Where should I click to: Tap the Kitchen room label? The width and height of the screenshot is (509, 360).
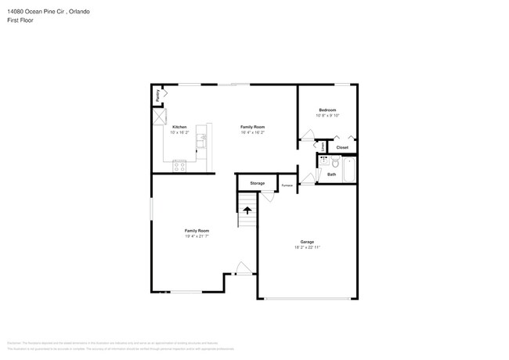179,127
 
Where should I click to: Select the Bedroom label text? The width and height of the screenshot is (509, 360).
327,110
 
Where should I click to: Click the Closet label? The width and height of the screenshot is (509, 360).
342,147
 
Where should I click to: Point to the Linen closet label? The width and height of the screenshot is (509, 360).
323,146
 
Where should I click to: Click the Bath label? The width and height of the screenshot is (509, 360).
331,175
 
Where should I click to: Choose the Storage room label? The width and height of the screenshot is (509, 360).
257,183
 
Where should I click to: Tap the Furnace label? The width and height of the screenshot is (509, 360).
287,185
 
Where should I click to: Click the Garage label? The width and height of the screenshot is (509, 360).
307,242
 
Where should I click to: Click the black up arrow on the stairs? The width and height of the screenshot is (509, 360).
247,211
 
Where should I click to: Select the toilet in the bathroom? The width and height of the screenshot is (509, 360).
334,162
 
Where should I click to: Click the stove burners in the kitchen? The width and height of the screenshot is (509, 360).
179,164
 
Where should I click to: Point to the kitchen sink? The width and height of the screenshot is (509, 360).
202,142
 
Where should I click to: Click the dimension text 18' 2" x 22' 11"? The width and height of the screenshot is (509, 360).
307,247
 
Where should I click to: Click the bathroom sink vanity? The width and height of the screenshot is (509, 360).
323,161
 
